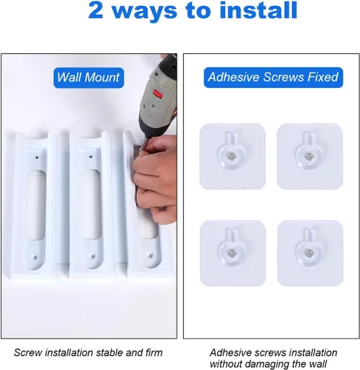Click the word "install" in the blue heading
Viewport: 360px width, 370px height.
[x=259, y=10]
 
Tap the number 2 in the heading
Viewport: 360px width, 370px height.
[x=96, y=10]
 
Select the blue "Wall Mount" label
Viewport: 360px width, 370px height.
[x=88, y=78]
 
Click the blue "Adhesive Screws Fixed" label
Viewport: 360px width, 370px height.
[x=273, y=77]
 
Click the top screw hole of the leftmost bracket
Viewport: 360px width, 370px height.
[x=37, y=157]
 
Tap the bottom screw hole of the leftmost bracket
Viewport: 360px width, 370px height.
[x=35, y=258]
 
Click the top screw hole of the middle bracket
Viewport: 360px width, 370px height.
[x=90, y=157]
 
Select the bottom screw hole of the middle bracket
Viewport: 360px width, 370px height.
[x=93, y=257]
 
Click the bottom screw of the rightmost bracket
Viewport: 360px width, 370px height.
[x=150, y=255]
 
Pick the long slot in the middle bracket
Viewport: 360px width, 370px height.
[x=91, y=204]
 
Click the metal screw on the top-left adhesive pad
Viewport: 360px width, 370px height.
[x=231, y=156]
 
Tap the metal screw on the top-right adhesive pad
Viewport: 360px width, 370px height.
[x=309, y=156]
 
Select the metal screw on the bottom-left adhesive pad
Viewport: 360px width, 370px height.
[x=232, y=253]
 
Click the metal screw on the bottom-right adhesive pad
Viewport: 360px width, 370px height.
[x=309, y=253]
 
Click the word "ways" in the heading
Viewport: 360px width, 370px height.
[x=144, y=13]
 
